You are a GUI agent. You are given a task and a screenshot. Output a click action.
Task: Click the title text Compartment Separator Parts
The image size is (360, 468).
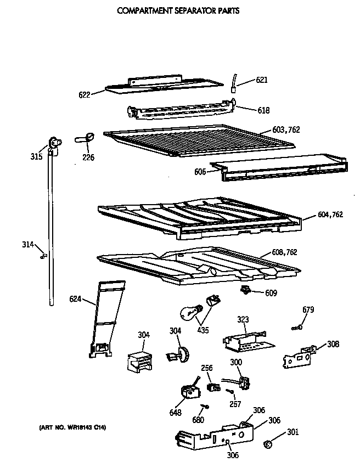click(178, 10)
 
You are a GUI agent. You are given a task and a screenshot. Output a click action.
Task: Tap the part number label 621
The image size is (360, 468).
click(262, 80)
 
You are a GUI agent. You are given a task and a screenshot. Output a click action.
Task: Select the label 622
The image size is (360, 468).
click(85, 94)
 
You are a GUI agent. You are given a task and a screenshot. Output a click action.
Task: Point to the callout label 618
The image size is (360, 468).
click(263, 110)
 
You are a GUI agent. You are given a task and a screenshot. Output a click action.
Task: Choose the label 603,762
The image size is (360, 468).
click(286, 130)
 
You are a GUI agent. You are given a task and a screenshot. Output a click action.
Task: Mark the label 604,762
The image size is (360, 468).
click(330, 215)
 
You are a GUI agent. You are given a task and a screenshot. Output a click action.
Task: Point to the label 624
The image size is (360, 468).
click(76, 299)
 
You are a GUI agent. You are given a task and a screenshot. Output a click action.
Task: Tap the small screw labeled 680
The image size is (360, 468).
click(205, 407)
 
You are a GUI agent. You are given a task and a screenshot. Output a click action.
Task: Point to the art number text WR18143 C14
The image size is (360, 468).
click(72, 427)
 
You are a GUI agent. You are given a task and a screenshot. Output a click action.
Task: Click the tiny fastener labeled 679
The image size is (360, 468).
click(297, 328)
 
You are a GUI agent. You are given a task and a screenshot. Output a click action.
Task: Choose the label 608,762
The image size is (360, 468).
click(285, 252)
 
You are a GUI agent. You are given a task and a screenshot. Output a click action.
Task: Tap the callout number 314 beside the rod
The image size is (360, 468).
click(27, 244)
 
